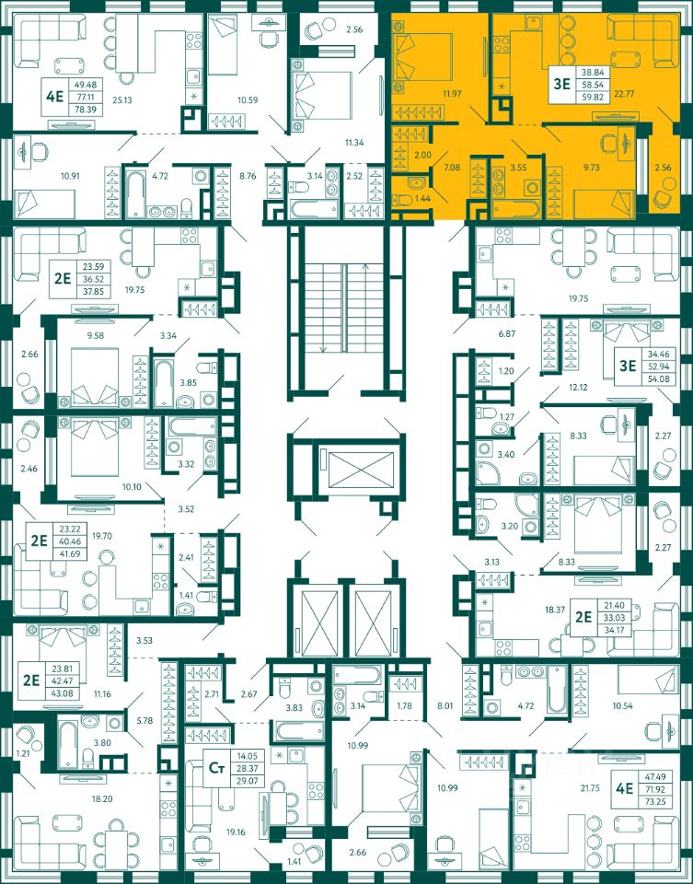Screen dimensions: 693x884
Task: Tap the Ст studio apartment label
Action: pyautogui.click(x=215, y=767)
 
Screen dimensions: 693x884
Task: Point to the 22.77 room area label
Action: pyautogui.click(x=625, y=94)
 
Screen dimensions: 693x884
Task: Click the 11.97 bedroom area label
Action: pyautogui.click(x=451, y=94)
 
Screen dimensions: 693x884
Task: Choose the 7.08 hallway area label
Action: pyautogui.click(x=452, y=167)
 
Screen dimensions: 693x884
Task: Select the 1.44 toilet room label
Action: pyautogui.click(x=422, y=199)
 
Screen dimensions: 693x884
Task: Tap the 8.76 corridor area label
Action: pyautogui.click(x=248, y=176)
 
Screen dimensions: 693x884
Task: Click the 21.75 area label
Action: pyautogui.click(x=589, y=788)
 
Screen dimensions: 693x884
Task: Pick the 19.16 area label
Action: pyautogui.click(x=236, y=832)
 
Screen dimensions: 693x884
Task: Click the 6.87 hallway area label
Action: pyautogui.click(x=507, y=333)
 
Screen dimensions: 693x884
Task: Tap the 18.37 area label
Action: pyautogui.click(x=554, y=610)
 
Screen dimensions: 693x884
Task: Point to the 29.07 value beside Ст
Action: pyautogui.click(x=248, y=782)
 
